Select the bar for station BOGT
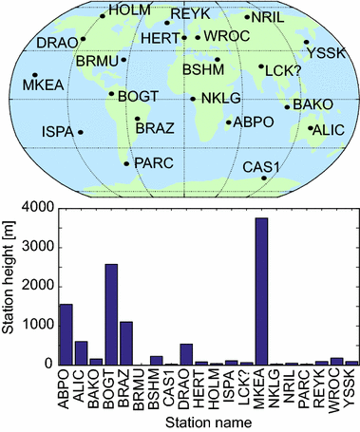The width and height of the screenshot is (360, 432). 110,314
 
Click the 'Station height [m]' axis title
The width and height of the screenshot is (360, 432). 10,285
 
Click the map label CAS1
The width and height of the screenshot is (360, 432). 260,167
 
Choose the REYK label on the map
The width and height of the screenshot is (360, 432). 188,14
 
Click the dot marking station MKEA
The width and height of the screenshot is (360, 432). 35,75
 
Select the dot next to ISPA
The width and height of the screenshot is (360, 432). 81,132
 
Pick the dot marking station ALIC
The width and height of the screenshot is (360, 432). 310,128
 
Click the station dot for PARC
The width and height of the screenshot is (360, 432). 126,163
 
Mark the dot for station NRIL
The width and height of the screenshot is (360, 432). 246,16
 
